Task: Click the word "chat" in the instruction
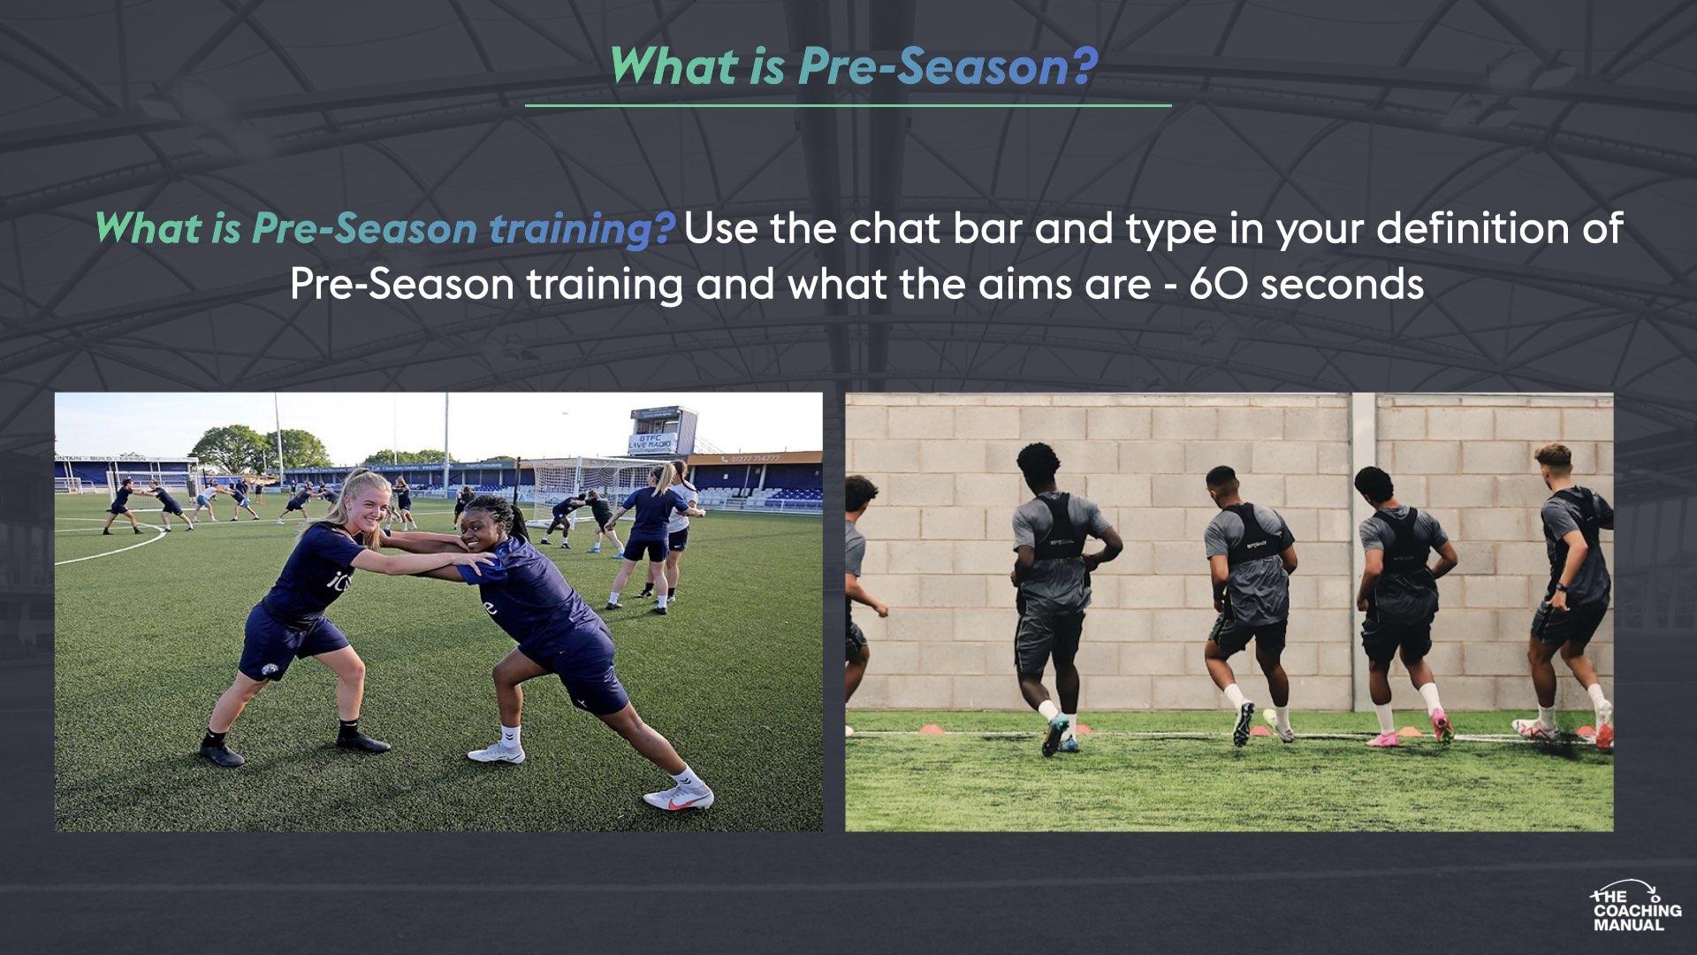[894, 229]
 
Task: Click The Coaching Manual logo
[1636, 906]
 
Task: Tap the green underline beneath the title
[848, 105]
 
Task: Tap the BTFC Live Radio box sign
[663, 433]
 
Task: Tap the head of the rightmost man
[1554, 464]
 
